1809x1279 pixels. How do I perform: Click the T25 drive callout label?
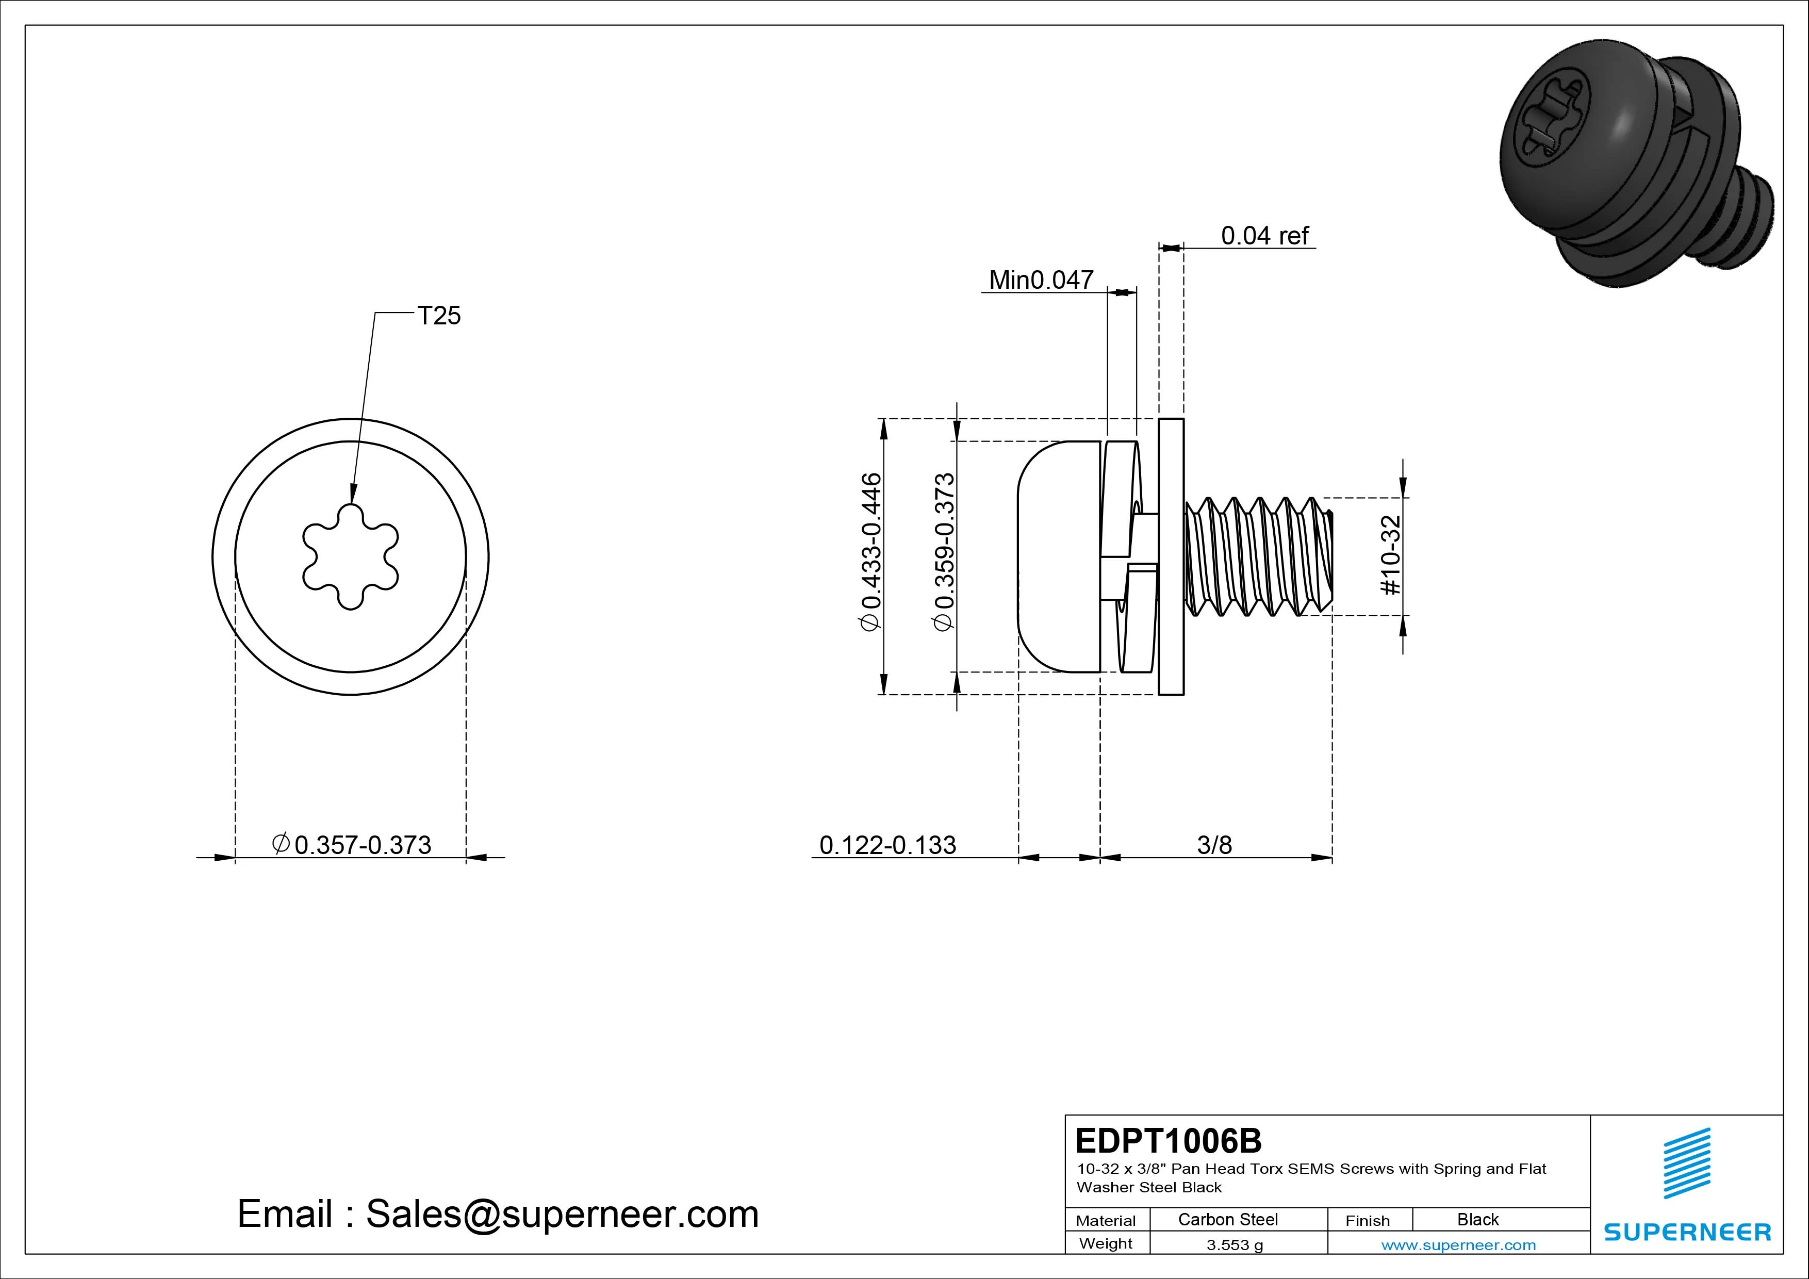click(439, 316)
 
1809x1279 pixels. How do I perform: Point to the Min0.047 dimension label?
click(1041, 280)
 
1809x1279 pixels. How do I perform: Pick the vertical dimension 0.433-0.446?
click(870, 552)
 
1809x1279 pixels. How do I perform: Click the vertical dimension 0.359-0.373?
click(943, 552)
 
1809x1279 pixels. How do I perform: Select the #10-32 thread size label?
click(1391, 555)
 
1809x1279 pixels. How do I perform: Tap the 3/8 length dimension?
click(1214, 845)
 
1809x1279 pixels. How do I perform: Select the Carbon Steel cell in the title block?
click(1227, 1219)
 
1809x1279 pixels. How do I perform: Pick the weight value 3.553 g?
click(1235, 1245)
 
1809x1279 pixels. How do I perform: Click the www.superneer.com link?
click(1458, 1245)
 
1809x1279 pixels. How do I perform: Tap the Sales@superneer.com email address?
click(562, 1215)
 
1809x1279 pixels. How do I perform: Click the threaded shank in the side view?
click(1257, 556)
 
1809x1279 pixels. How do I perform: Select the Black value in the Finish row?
click(1477, 1219)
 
